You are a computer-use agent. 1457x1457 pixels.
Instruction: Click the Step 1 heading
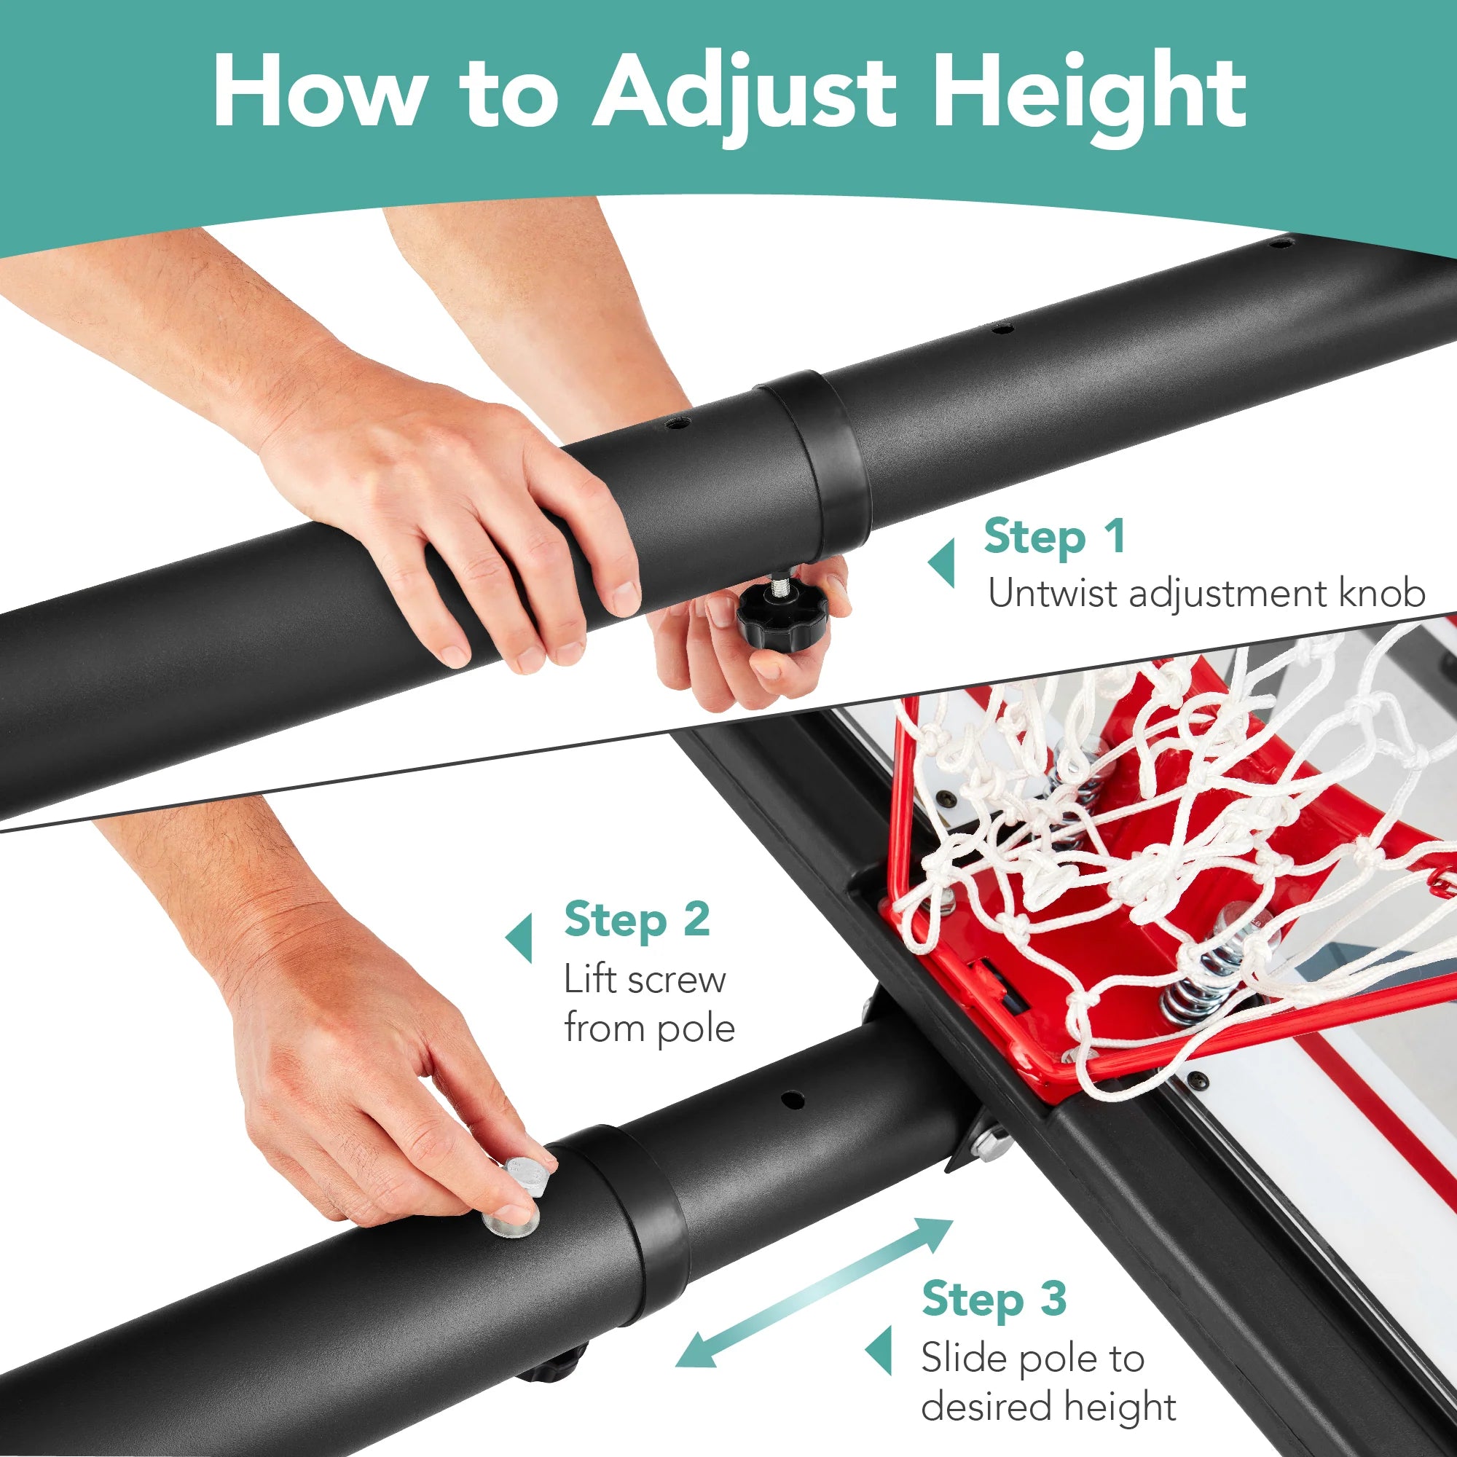click(1054, 538)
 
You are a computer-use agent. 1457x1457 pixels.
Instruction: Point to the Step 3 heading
click(994, 1300)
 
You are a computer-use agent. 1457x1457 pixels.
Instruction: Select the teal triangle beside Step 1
click(941, 562)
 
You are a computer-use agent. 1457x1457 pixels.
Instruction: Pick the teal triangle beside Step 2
click(519, 938)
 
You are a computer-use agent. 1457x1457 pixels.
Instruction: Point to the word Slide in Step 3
click(962, 1358)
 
